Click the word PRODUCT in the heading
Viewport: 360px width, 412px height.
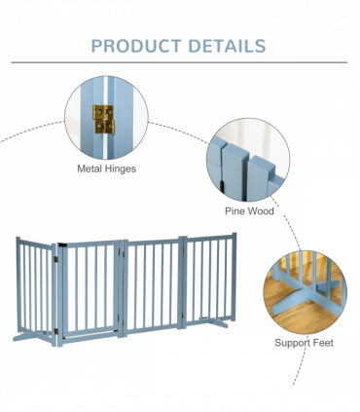[x=134, y=46]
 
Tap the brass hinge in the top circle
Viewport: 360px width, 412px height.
[x=102, y=119]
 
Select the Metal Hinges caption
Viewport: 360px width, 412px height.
[x=106, y=168]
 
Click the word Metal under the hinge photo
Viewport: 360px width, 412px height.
[x=90, y=168]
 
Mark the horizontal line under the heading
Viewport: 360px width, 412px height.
[x=179, y=62]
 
